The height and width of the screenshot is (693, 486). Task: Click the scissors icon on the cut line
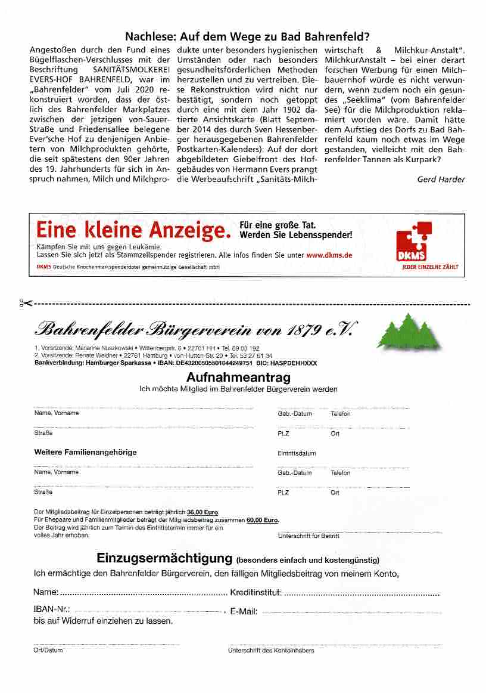[x=26, y=304]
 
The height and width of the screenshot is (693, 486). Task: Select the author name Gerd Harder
[x=441, y=179]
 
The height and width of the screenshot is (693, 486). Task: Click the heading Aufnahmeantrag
[x=238, y=378]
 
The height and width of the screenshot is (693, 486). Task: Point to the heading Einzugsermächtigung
[x=164, y=559]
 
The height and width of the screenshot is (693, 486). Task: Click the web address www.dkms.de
[x=329, y=255]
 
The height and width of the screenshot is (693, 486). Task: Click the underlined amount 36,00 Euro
[x=202, y=512]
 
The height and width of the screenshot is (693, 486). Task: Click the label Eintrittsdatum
[x=297, y=453]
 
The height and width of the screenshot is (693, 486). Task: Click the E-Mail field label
[x=244, y=612]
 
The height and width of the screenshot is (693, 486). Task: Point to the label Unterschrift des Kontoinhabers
[x=271, y=651]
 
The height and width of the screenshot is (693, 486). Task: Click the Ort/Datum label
[x=48, y=650]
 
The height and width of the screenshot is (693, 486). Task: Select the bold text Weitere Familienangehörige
[x=86, y=452]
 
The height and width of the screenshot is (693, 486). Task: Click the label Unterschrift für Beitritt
[x=309, y=536]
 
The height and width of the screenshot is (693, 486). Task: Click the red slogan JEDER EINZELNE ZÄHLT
[x=430, y=267]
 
